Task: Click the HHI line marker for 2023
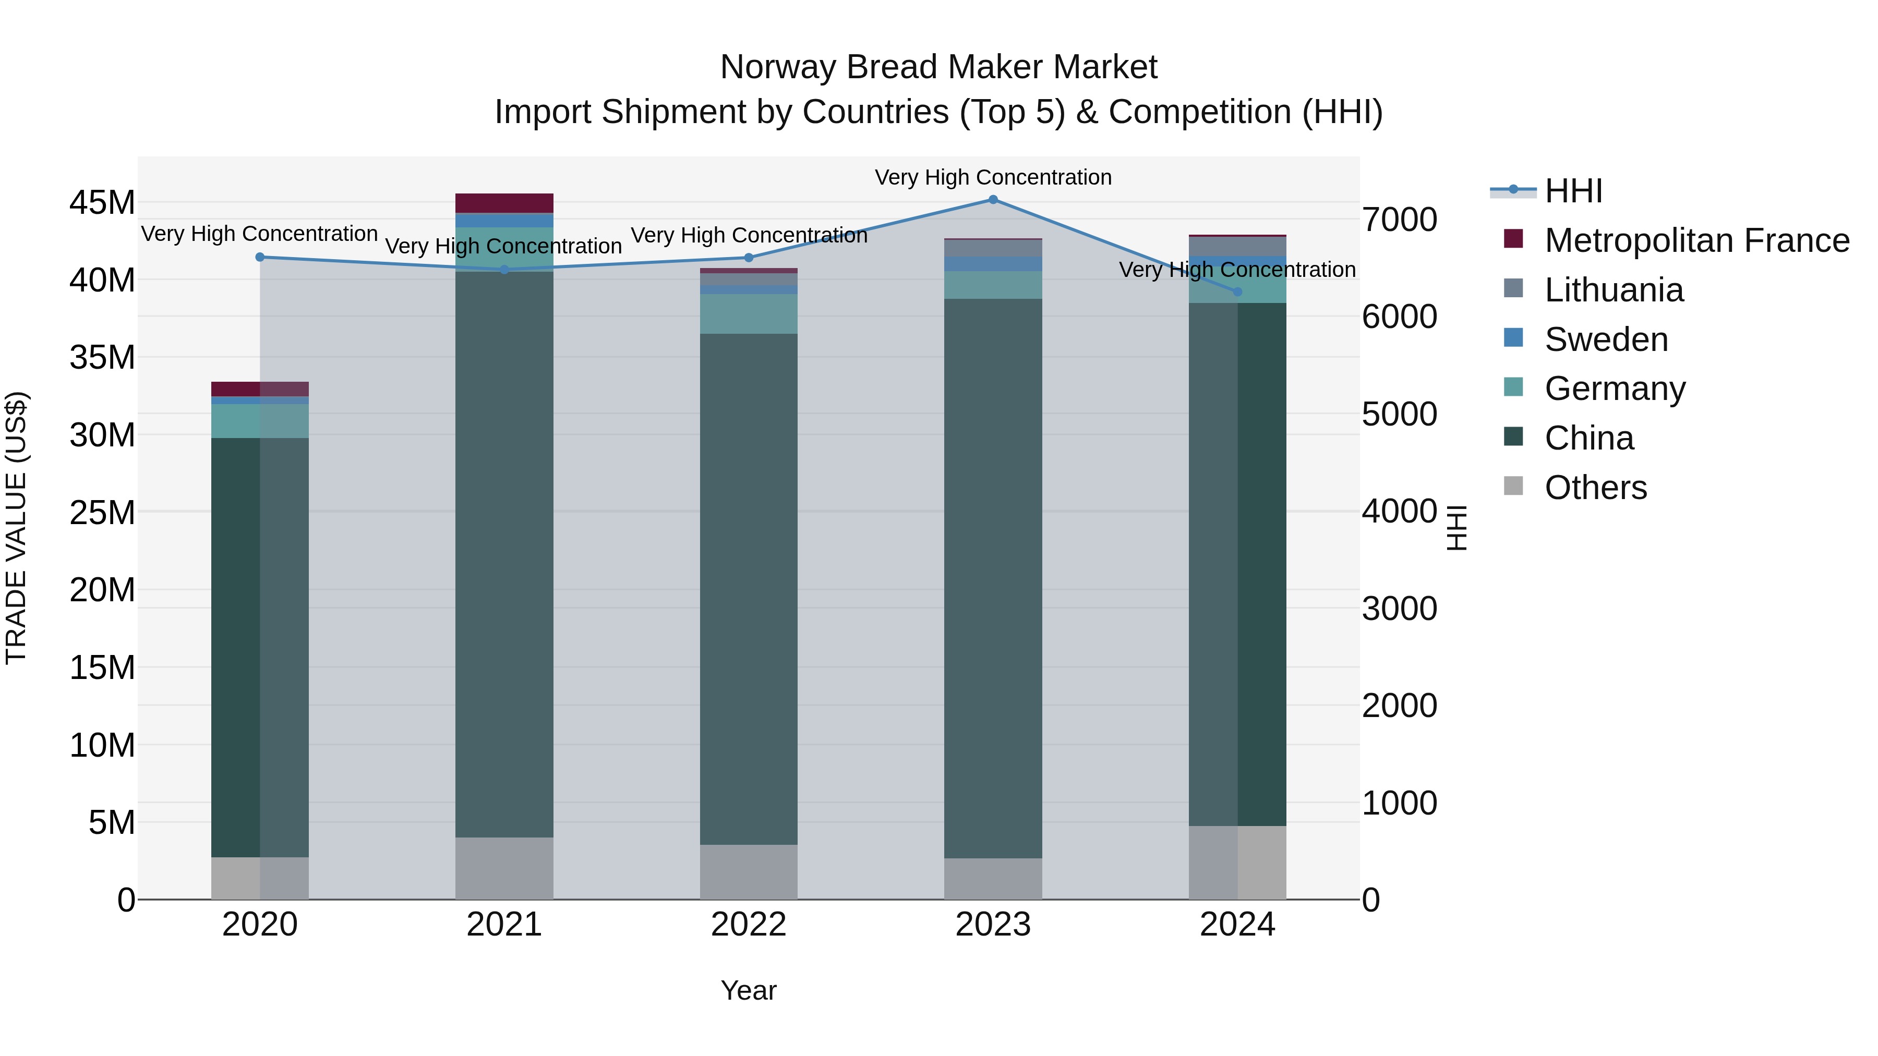tap(993, 199)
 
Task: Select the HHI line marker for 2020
tap(260, 257)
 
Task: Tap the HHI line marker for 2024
tap(1237, 292)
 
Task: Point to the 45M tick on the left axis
tap(102, 203)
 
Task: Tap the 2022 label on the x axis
tap(749, 925)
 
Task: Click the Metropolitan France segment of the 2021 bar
tap(504, 203)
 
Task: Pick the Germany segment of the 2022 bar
tap(749, 314)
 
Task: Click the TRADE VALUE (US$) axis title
tap(16, 528)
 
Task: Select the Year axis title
tap(749, 990)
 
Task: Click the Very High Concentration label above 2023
tap(993, 177)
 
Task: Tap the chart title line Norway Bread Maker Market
tap(938, 67)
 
